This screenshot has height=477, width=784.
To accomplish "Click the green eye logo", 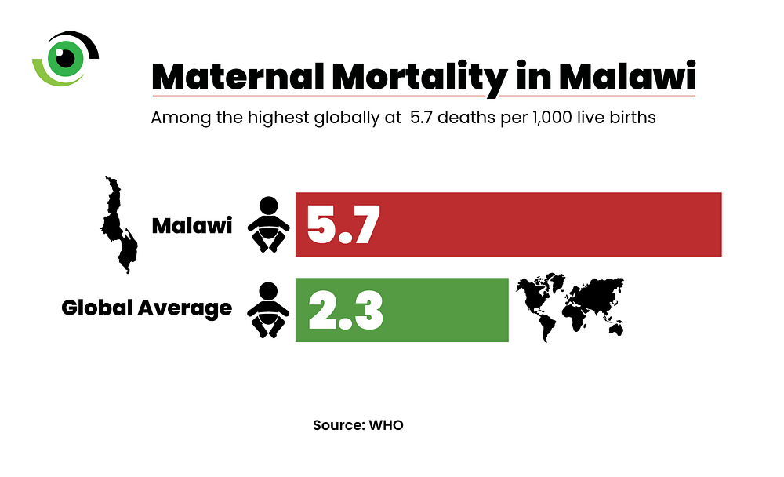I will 63,59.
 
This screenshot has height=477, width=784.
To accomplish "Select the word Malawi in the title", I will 627,78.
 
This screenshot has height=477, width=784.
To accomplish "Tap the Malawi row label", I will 191,227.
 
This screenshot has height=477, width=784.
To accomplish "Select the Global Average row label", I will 147,308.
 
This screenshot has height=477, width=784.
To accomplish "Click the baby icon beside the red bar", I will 268,224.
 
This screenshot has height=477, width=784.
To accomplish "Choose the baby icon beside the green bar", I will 268,310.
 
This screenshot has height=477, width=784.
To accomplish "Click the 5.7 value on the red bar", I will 343,225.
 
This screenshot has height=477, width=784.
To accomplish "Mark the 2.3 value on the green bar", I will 345,310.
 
